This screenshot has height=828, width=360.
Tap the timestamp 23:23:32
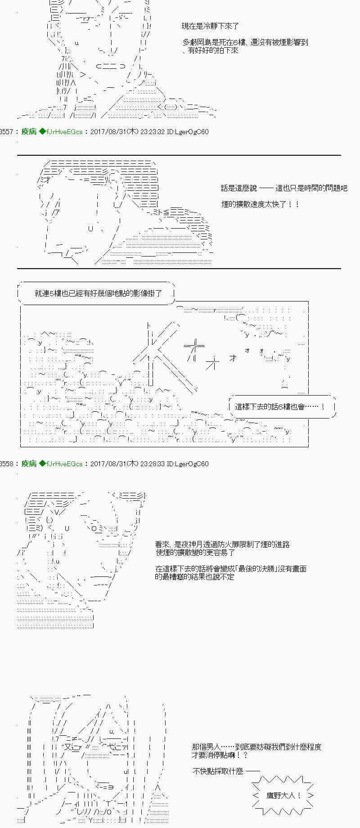[153, 132]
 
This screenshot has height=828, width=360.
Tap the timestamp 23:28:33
[153, 463]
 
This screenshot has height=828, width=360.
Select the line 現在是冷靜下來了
[210, 27]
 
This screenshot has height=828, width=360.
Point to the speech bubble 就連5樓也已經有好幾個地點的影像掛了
[98, 293]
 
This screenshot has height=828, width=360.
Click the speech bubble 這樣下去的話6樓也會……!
[280, 407]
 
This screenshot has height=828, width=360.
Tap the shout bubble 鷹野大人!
[283, 796]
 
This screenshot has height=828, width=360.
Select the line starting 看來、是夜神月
[222, 544]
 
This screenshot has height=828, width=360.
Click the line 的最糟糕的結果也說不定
[194, 577]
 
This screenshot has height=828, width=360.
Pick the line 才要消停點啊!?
[220, 755]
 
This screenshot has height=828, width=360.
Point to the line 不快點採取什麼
[218, 771]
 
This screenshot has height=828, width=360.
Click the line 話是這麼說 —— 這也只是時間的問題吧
[284, 188]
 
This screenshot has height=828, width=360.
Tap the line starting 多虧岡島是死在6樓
[245, 42]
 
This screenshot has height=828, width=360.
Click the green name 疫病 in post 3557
[29, 132]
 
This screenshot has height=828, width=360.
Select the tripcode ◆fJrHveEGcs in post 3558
[61, 463]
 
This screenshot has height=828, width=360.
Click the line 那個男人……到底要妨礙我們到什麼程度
[256, 747]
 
